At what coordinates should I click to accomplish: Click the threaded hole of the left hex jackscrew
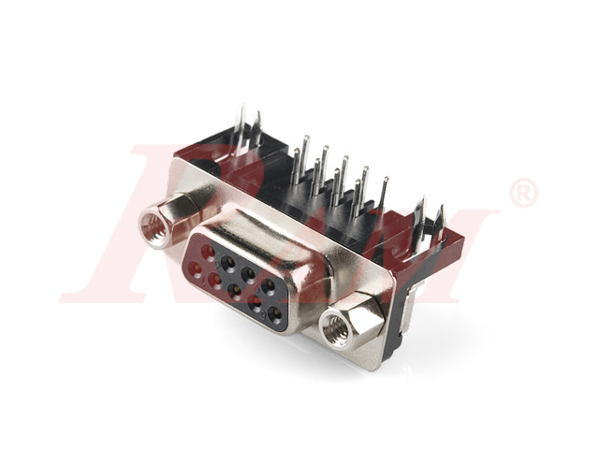pyautogui.click(x=152, y=224)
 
